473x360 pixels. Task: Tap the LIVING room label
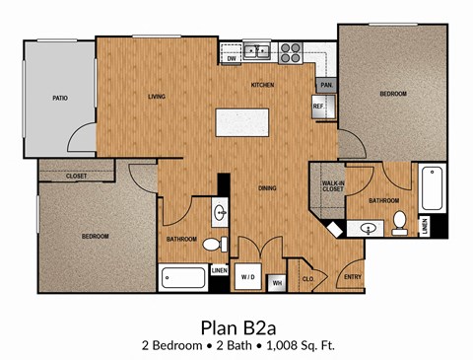(156, 97)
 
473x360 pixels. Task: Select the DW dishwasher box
(232, 59)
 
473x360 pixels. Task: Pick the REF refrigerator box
(319, 107)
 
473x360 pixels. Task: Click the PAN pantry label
(325, 86)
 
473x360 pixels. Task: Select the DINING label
(266, 187)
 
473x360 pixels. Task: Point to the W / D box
(248, 278)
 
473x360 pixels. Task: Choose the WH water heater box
(277, 284)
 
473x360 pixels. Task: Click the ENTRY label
(352, 277)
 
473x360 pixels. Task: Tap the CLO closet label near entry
(307, 279)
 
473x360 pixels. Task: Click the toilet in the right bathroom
(399, 223)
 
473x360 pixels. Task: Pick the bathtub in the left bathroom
(184, 278)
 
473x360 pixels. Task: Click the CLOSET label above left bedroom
(77, 176)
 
